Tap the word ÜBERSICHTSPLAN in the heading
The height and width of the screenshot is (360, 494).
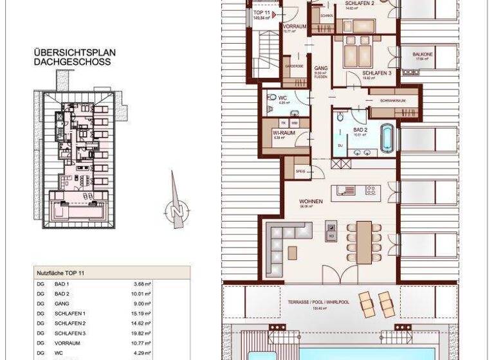[x=66, y=53]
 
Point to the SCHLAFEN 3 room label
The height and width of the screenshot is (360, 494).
[x=377, y=73]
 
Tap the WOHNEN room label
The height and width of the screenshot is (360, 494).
[x=310, y=202]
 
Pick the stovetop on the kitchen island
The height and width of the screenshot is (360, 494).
[x=371, y=190]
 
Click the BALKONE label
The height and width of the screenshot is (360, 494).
[x=423, y=55]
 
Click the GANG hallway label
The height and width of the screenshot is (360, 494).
[x=320, y=67]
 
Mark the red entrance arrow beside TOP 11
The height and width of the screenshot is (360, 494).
[x=275, y=14]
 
